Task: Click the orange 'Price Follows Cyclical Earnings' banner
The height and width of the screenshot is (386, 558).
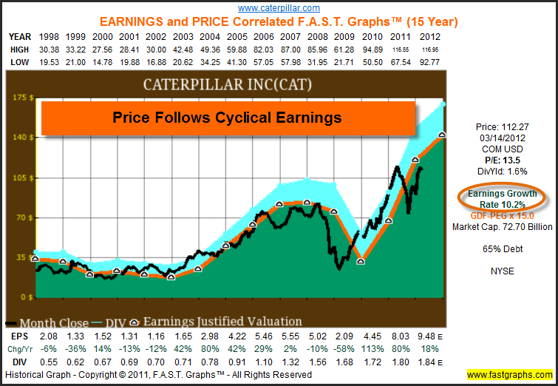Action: (x=227, y=117)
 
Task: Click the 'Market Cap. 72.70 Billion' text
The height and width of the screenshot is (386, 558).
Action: (x=502, y=227)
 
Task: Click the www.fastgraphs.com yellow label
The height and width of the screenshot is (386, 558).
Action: (x=511, y=375)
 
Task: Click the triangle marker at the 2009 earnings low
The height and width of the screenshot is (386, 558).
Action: (x=360, y=260)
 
